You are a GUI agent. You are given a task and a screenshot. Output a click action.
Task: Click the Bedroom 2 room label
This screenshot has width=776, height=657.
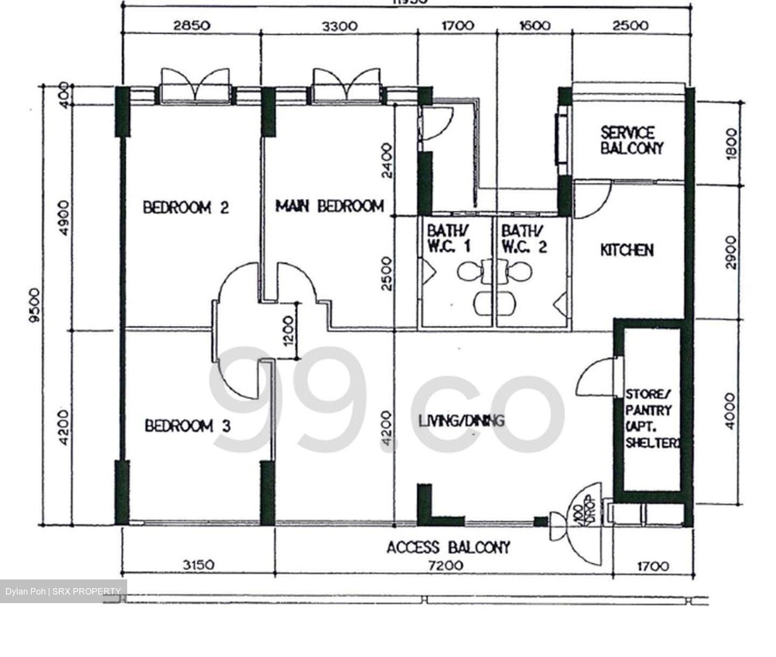click(186, 207)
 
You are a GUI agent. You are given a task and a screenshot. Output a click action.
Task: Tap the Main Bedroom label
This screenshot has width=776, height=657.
click(330, 206)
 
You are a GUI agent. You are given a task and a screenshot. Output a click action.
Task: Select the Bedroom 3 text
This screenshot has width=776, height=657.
click(188, 427)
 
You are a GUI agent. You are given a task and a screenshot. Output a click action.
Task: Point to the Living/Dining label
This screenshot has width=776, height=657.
click(461, 421)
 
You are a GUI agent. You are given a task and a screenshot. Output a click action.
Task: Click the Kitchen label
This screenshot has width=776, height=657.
click(627, 250)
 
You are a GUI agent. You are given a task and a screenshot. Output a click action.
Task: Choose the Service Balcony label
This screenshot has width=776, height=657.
click(632, 141)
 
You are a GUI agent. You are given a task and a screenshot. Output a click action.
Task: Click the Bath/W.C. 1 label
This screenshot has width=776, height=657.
click(448, 239)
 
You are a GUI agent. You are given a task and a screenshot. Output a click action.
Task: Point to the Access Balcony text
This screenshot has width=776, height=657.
click(448, 548)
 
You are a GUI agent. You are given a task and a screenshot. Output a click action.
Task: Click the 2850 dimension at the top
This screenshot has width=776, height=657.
click(192, 26)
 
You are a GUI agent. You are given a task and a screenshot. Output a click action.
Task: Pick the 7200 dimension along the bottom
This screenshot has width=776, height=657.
click(444, 565)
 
